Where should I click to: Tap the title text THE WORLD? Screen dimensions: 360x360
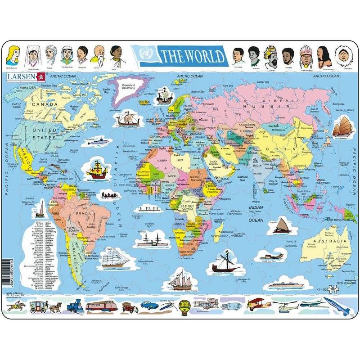point(192,56)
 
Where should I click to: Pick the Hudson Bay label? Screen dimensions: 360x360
point(75,108)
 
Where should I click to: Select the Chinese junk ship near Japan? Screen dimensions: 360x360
point(342,126)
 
